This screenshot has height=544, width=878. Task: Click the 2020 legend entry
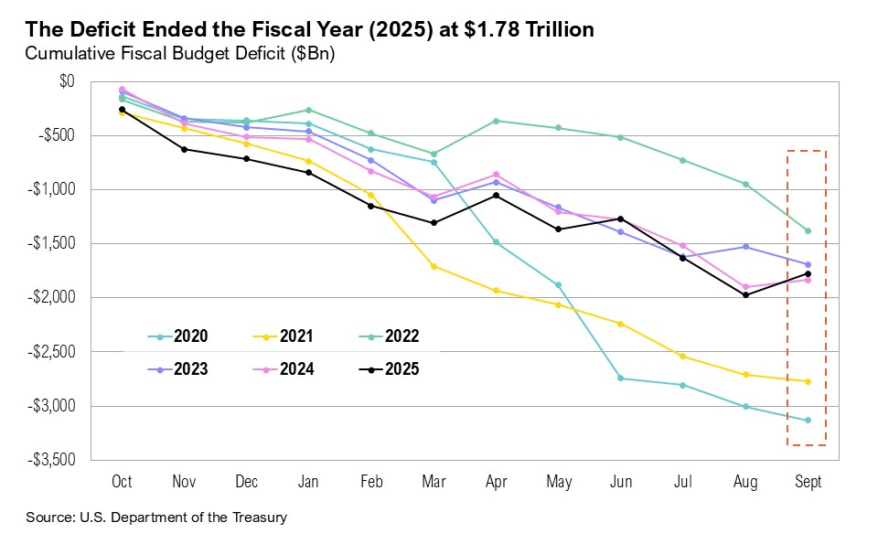(x=177, y=336)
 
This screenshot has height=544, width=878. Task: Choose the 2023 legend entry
(x=177, y=370)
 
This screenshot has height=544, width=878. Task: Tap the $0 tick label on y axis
(x=66, y=81)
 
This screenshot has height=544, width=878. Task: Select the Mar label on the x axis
(x=434, y=483)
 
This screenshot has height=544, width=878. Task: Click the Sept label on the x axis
(x=808, y=483)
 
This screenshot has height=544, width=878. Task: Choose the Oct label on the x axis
(x=122, y=483)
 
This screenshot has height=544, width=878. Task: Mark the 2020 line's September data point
(x=808, y=421)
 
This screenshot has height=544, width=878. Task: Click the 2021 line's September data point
(x=808, y=381)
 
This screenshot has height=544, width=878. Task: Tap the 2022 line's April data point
(x=496, y=121)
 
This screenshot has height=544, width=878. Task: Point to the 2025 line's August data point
(x=745, y=294)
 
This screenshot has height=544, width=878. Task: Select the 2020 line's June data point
(x=621, y=379)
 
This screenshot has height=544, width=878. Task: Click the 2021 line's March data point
(x=434, y=266)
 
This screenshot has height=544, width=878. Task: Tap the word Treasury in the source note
(x=259, y=517)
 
